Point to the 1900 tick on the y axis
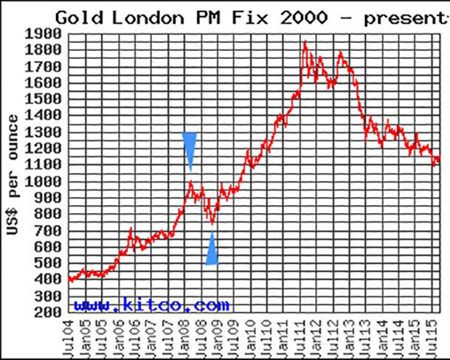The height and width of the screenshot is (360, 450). (43, 34)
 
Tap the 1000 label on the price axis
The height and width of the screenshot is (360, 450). (43, 181)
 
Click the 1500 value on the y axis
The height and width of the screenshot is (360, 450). (43, 100)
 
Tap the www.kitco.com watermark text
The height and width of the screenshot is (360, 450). (151, 304)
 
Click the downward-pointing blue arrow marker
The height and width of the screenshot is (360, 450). (190, 151)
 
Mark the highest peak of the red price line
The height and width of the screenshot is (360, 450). (305, 41)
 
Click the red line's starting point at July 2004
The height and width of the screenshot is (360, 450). (69, 279)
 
